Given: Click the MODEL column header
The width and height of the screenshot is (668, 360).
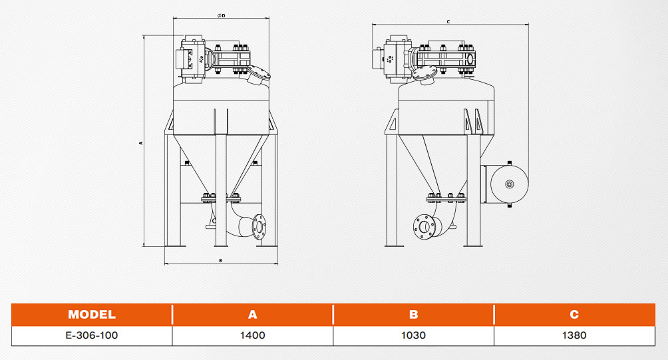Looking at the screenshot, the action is click(92, 314).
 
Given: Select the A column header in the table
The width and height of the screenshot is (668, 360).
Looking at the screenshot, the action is click(253, 314).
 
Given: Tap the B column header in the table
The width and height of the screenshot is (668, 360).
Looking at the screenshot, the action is click(413, 314).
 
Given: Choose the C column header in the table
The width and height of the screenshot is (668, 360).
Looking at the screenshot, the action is click(574, 314).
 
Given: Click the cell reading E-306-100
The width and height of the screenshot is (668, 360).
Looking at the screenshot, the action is click(92, 335).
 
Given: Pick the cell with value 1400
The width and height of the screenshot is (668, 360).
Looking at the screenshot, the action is click(253, 335).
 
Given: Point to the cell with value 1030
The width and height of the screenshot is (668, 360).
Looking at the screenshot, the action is click(413, 335).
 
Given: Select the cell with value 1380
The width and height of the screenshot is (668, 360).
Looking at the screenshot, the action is click(574, 335).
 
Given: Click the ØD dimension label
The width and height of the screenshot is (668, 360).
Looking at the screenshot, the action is click(221, 16).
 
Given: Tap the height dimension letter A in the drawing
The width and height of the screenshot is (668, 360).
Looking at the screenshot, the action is click(140, 143).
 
